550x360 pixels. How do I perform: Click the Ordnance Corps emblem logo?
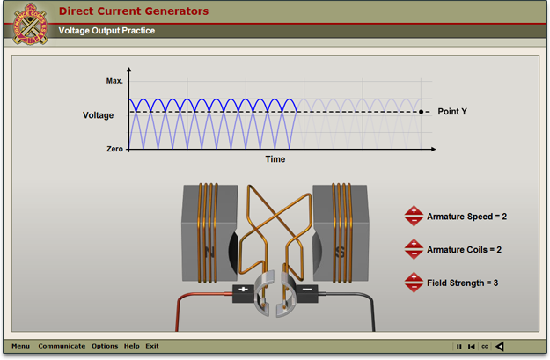coord(30,24)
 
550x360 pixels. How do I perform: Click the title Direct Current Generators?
coord(134,11)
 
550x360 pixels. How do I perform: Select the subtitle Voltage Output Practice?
coord(106,31)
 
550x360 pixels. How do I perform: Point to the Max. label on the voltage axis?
coord(114,81)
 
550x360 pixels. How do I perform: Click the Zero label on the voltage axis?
coord(114,149)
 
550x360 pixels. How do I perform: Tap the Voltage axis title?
coord(99,115)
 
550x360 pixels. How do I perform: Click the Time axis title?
coord(275,159)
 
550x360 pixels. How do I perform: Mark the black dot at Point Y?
coord(421,112)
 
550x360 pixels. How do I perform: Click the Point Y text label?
coord(452,112)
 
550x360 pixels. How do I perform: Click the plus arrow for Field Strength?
coord(414,277)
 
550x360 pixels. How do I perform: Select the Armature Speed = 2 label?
coord(467,217)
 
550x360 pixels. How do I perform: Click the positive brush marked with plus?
coord(243,293)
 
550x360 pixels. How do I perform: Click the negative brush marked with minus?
coord(307,293)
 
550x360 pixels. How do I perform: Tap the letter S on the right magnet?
coord(340,252)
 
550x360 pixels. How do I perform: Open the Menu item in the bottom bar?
coord(21,346)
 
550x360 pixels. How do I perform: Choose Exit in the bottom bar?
coord(152,346)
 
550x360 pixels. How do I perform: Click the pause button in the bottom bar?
coord(459,346)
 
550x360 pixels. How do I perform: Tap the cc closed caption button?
coord(484,346)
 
